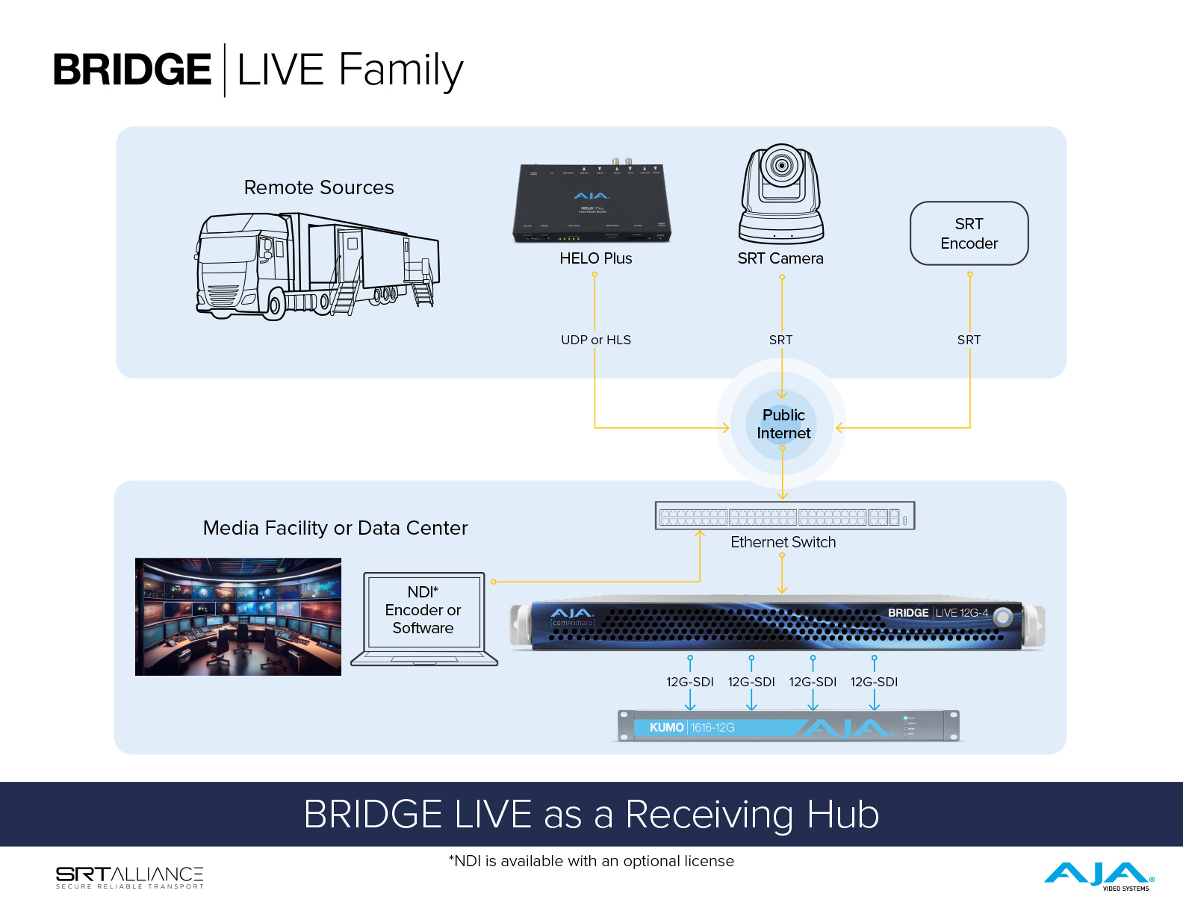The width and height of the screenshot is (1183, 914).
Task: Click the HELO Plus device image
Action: click(x=592, y=202)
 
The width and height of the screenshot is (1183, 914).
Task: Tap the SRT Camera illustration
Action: click(x=781, y=194)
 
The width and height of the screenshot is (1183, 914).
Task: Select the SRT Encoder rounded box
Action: click(x=969, y=234)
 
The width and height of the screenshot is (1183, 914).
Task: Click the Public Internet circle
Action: click(x=783, y=424)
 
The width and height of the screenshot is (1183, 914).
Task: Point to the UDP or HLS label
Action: click(x=595, y=340)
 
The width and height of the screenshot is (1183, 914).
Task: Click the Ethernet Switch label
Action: click(x=783, y=542)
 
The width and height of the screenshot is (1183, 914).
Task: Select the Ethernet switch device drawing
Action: click(x=784, y=516)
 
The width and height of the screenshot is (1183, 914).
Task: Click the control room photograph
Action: click(x=238, y=617)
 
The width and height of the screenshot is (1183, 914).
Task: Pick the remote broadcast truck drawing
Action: click(x=317, y=266)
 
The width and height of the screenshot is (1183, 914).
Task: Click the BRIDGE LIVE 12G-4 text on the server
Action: click(x=937, y=613)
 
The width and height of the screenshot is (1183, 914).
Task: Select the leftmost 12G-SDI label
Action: click(x=689, y=682)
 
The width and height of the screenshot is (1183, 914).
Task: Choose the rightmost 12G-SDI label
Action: click(x=874, y=682)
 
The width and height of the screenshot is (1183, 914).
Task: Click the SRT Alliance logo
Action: click(x=129, y=877)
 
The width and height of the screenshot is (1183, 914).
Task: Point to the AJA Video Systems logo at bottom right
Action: click(x=1099, y=875)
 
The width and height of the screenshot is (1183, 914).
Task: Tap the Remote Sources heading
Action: click(x=319, y=187)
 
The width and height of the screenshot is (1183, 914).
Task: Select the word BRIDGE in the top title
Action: click(x=132, y=70)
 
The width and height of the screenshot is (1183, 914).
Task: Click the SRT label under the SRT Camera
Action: click(x=780, y=340)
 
